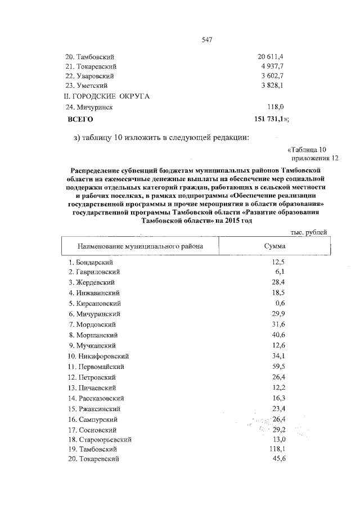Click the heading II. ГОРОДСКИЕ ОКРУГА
pyautogui.click(x=106, y=96)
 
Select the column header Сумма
pyautogui.click(x=274, y=246)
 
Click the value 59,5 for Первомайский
pyautogui.click(x=277, y=367)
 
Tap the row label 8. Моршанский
pyautogui.click(x=93, y=335)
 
